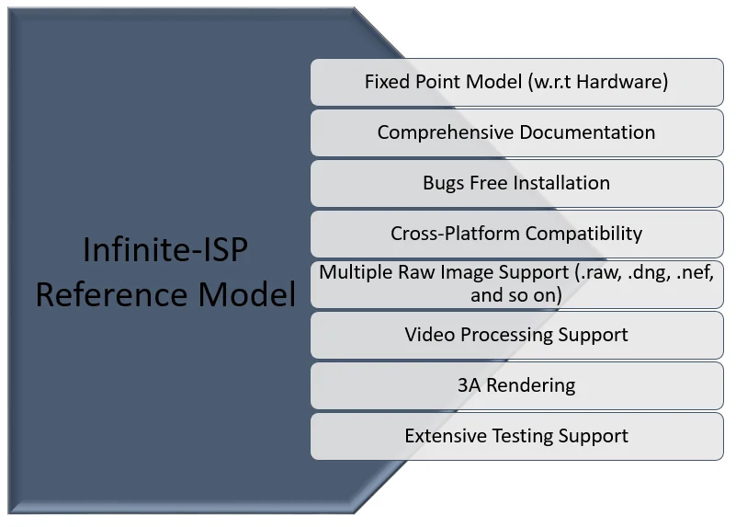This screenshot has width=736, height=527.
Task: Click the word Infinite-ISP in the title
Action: point(165,249)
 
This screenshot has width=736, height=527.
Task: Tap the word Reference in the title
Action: point(113,294)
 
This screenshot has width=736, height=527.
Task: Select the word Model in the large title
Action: point(247,294)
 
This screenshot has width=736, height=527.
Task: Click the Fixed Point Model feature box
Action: point(516,82)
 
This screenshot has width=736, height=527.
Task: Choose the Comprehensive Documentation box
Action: point(516,133)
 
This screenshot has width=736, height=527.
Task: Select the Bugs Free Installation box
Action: point(516,184)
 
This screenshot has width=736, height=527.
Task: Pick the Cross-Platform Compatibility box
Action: point(516,234)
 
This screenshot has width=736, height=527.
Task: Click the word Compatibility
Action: point(583,234)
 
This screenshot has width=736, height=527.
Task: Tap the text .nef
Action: point(696,272)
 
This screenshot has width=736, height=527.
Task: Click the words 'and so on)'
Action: point(516,295)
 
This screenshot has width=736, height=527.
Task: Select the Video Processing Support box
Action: point(516,336)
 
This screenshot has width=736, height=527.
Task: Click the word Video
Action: point(430,335)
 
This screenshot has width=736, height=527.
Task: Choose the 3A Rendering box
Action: point(516,386)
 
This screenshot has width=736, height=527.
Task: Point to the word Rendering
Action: point(531,385)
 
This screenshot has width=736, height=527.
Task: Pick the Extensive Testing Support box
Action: point(516,437)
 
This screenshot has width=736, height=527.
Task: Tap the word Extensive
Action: point(446,436)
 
